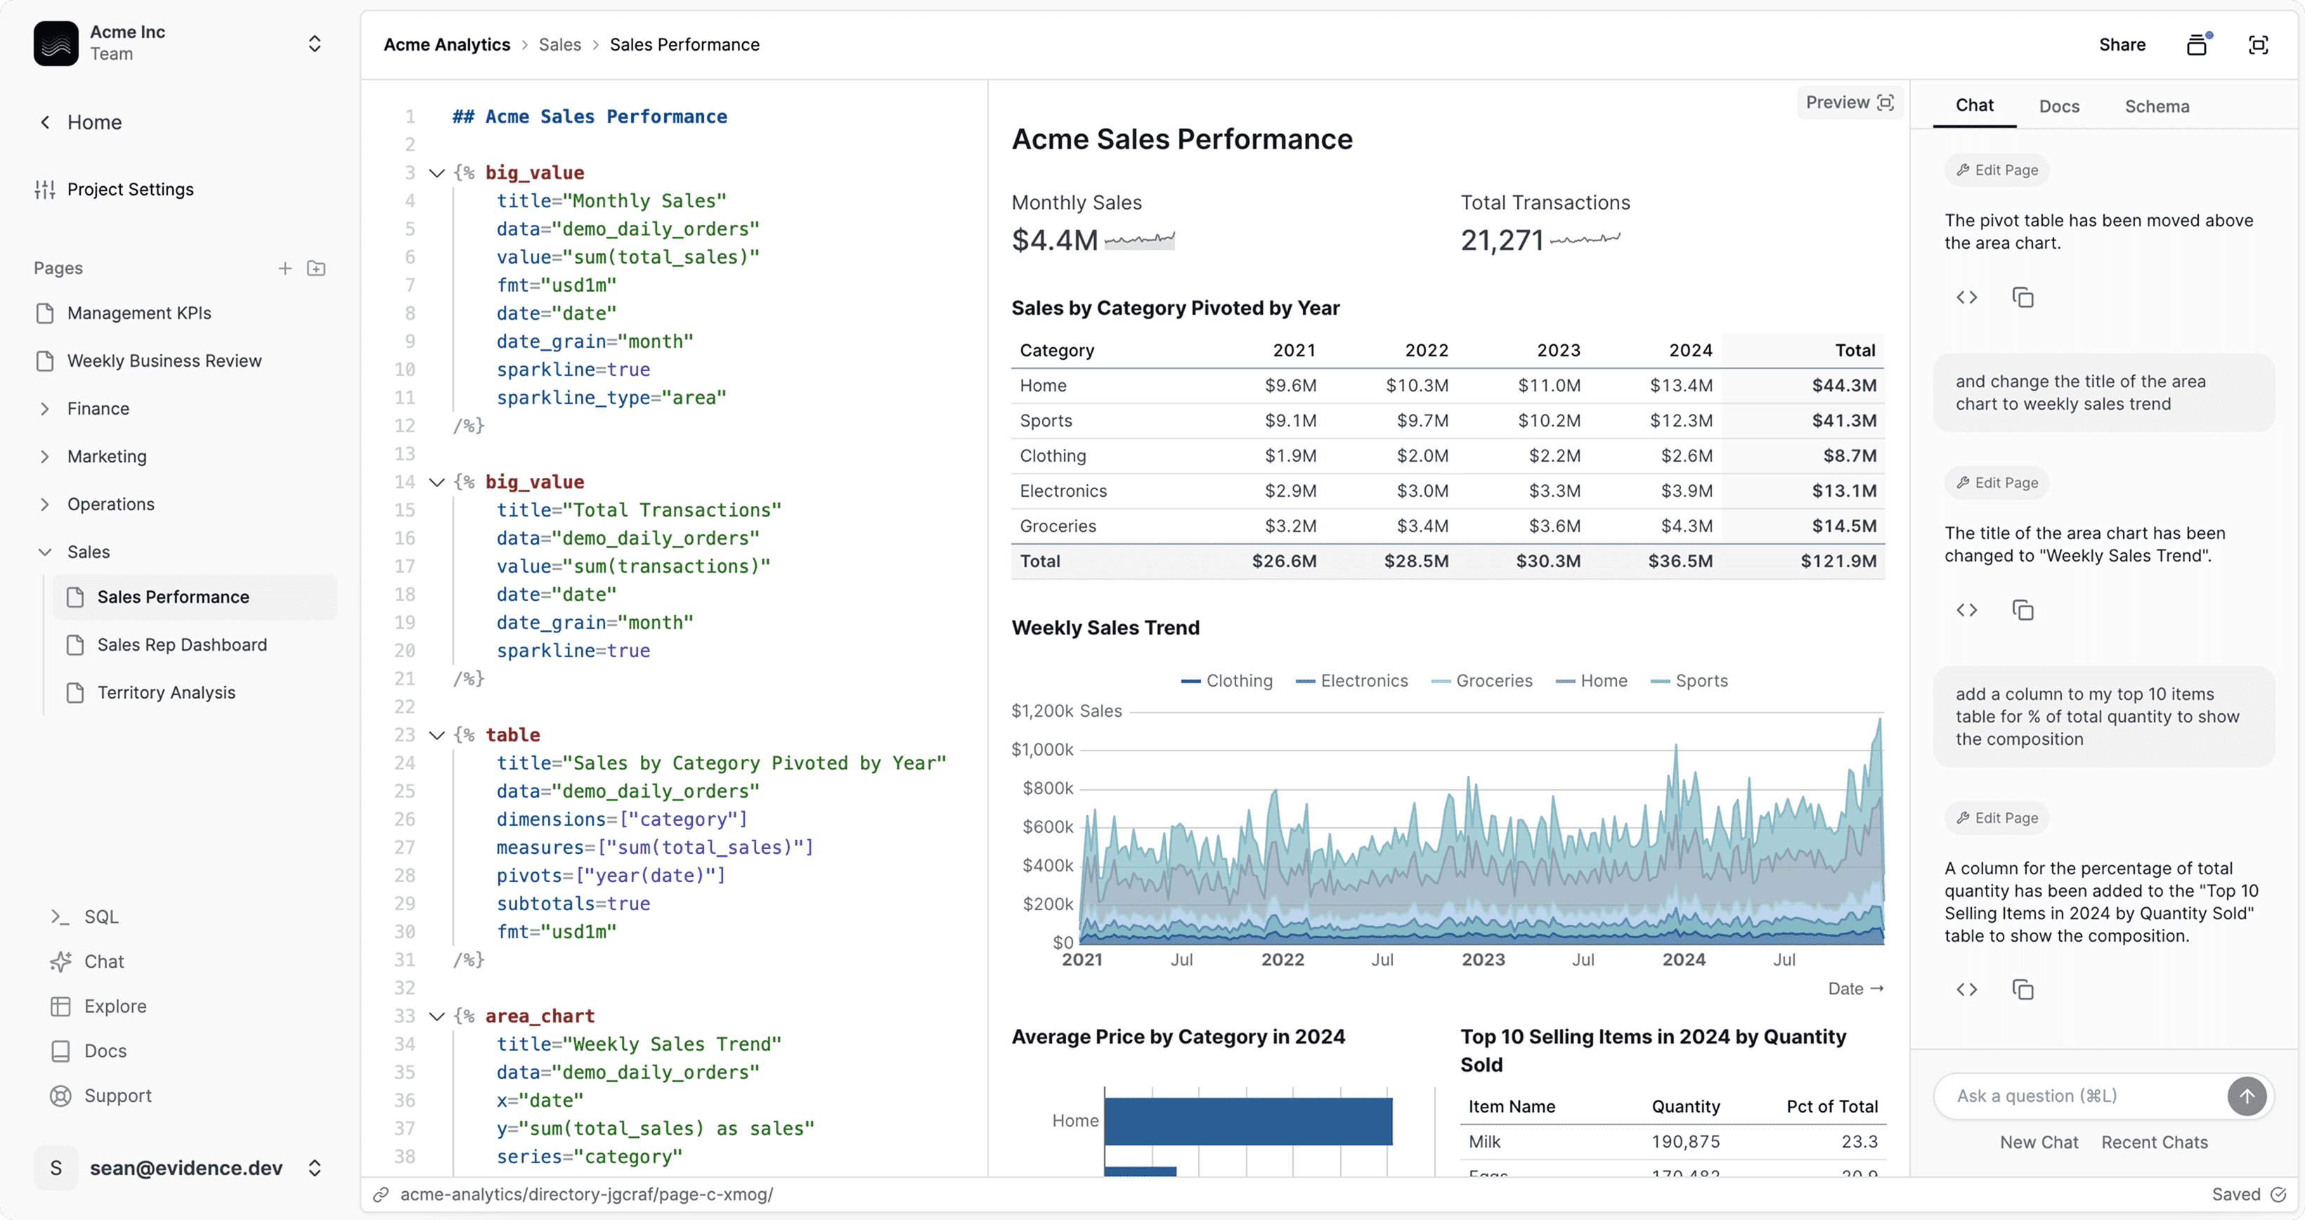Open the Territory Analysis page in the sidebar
(x=166, y=692)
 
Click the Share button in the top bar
(x=2122, y=45)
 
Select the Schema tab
(x=2157, y=107)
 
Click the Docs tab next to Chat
(x=2058, y=107)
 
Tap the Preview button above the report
(x=1849, y=103)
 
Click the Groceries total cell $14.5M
(x=1843, y=526)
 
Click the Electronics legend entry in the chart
(x=1352, y=681)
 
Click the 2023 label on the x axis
(x=1483, y=959)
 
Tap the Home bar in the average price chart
(x=1247, y=1121)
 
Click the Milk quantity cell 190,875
(x=1685, y=1142)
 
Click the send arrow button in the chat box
(x=2246, y=1096)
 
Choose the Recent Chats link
(x=2154, y=1143)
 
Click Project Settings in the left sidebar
(x=130, y=190)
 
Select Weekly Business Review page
(x=164, y=361)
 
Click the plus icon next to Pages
(x=285, y=268)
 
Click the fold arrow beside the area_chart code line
(x=436, y=1017)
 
